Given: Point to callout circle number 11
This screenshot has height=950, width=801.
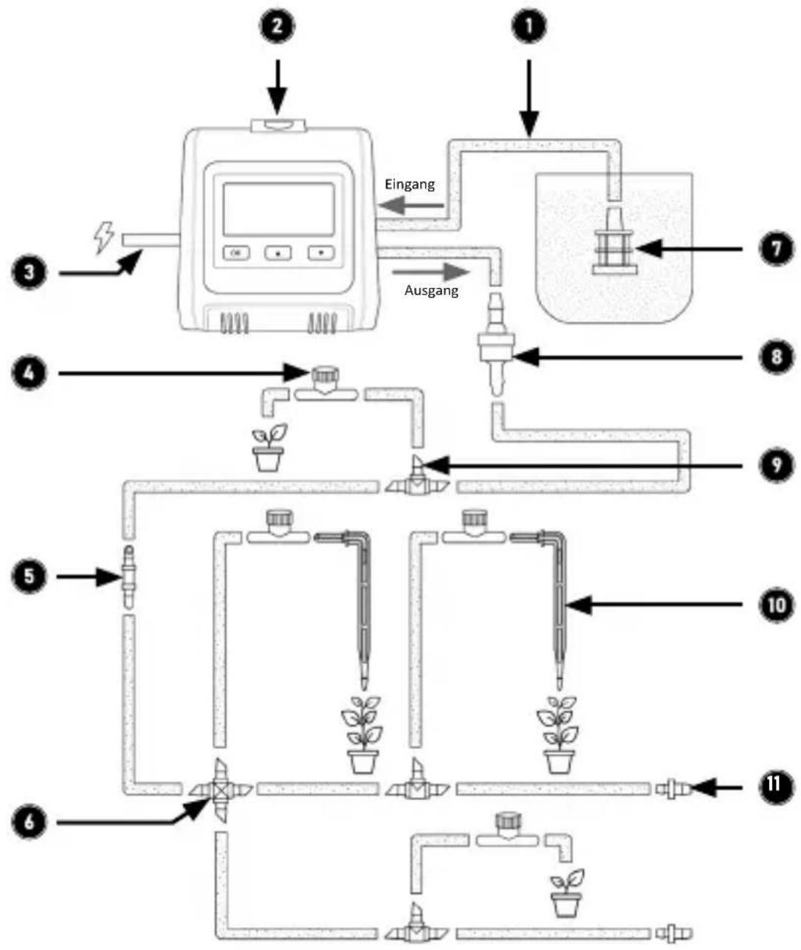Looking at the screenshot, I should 773,788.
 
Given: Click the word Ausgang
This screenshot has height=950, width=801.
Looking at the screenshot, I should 431,290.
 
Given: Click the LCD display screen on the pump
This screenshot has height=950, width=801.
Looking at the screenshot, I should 278,209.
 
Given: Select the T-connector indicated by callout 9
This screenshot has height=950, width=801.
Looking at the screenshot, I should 418,483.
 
